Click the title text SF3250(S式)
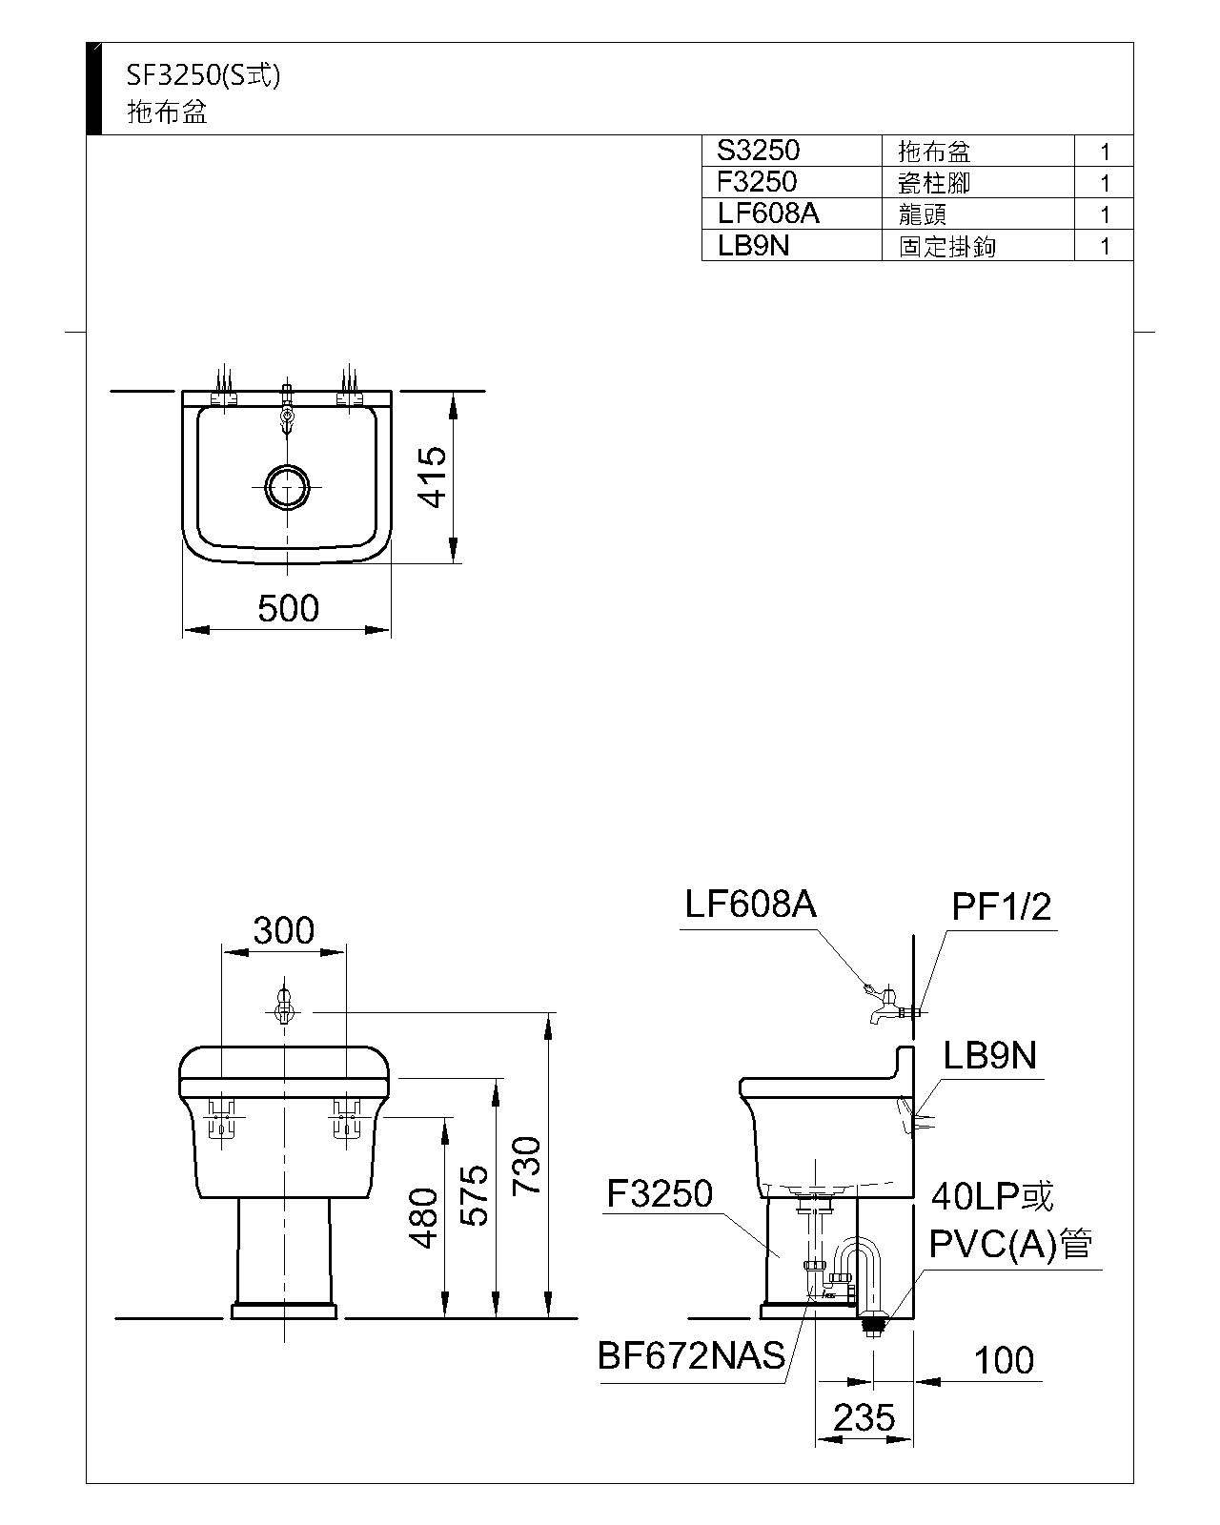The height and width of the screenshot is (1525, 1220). pyautogui.click(x=203, y=75)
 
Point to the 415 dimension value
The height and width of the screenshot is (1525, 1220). pyautogui.click(x=432, y=477)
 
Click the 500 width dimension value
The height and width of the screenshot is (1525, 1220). pyautogui.click(x=288, y=609)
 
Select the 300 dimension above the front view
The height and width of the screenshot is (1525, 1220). pyautogui.click(x=284, y=930)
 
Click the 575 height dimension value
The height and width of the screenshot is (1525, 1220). pyautogui.click(x=475, y=1195)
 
